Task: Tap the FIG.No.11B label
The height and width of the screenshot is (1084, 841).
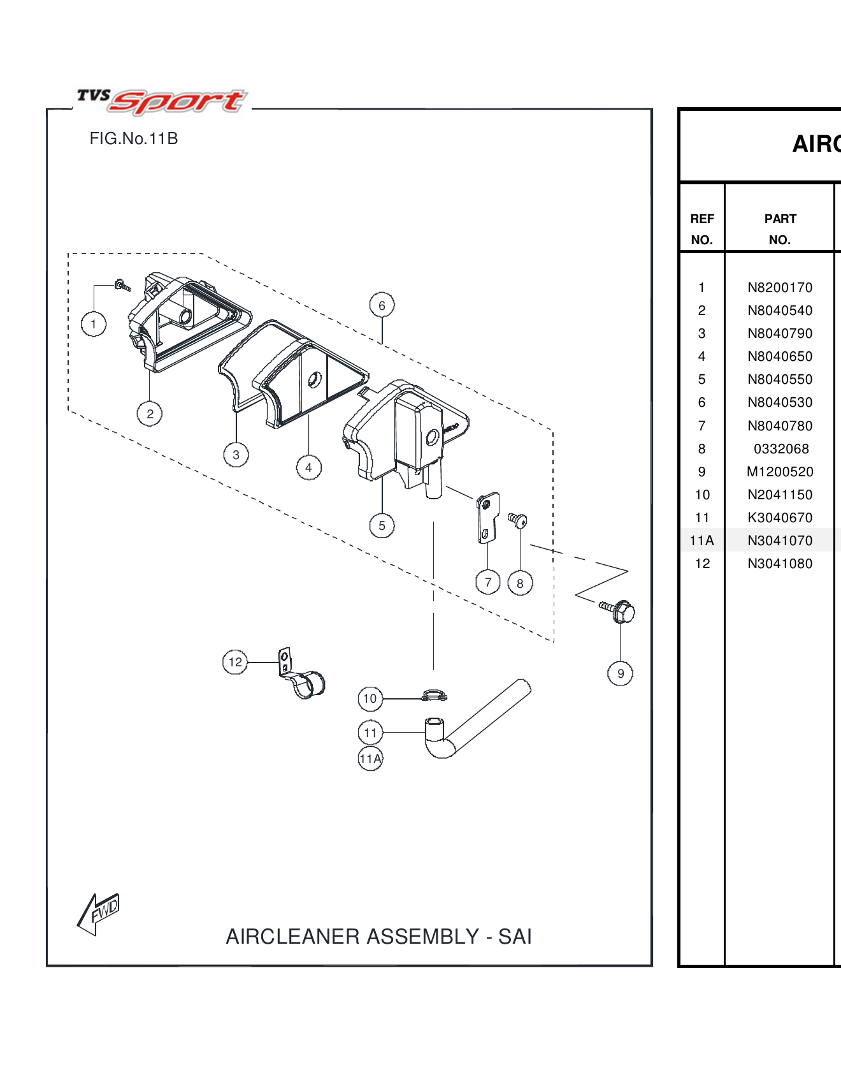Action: (x=134, y=139)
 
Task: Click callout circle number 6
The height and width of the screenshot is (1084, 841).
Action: (x=382, y=305)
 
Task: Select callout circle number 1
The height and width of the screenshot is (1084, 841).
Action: (x=94, y=324)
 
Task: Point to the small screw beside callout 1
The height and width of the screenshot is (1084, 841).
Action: (x=122, y=286)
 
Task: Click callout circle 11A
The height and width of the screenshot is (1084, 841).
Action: (x=370, y=759)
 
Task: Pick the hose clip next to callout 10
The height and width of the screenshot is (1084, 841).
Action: (x=435, y=696)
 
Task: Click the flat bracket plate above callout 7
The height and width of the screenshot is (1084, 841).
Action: (x=487, y=517)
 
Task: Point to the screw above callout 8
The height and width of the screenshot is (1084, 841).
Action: (x=517, y=520)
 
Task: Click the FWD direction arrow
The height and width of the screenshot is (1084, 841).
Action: (x=98, y=913)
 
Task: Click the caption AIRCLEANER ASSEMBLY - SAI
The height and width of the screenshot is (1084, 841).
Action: (x=378, y=936)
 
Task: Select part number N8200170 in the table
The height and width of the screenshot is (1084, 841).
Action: (x=780, y=288)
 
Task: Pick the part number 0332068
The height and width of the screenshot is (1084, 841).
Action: (x=780, y=449)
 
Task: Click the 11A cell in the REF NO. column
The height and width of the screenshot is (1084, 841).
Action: (x=701, y=541)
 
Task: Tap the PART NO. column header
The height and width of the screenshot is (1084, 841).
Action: (x=780, y=229)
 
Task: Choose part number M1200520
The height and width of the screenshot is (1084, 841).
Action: (x=780, y=472)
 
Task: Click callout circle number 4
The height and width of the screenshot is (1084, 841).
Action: (x=308, y=467)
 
